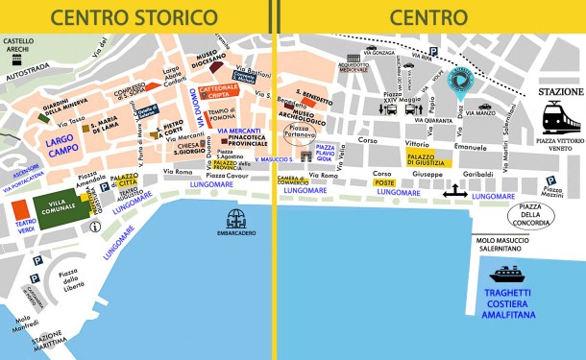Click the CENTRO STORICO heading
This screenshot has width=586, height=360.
[x=134, y=16]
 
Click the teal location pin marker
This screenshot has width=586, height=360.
[x=463, y=84]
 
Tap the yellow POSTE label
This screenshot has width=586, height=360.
[x=384, y=182]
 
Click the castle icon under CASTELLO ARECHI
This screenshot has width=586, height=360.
[x=16, y=59]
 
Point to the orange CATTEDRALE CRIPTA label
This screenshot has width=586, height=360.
[x=219, y=94]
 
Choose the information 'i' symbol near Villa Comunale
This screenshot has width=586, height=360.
[x=93, y=227]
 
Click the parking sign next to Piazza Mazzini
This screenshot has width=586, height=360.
[x=549, y=180]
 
